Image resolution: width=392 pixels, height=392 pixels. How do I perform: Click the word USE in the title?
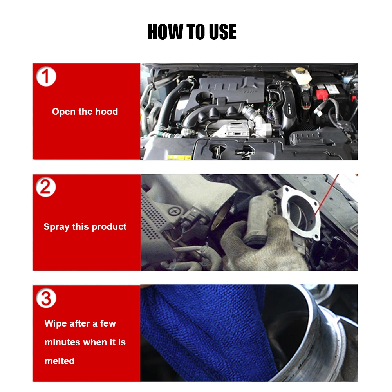(x=222, y=32)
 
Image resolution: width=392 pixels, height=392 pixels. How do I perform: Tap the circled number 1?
(x=46, y=76)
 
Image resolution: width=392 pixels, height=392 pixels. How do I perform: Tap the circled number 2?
(x=46, y=187)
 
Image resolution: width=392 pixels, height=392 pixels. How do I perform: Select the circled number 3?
(x=46, y=298)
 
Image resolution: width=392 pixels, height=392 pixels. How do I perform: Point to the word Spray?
(x=56, y=227)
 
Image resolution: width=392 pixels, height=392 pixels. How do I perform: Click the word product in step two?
(x=109, y=227)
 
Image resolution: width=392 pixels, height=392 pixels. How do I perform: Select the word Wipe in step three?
(x=56, y=323)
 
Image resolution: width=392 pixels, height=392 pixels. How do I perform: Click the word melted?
(x=60, y=361)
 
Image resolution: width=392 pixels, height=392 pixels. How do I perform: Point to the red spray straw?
(x=326, y=195)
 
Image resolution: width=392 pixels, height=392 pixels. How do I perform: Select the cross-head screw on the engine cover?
(x=175, y=212)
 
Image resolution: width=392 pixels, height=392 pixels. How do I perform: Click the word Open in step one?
(x=64, y=112)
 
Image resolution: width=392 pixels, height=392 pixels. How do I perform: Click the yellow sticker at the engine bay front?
(x=179, y=157)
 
